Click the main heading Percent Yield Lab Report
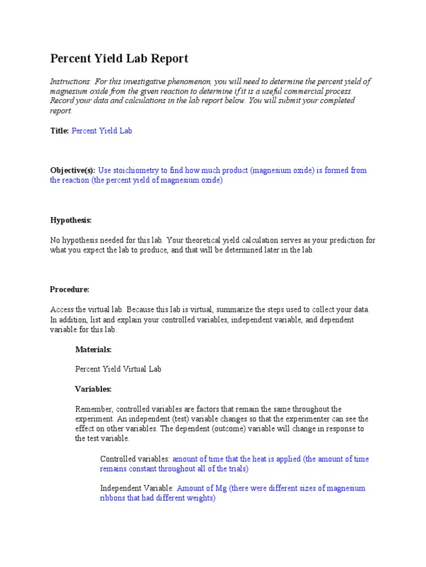coord(119,58)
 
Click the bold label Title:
coord(59,131)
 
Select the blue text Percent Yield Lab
coord(102,131)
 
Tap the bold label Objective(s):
coord(73,171)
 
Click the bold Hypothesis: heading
coord(70,220)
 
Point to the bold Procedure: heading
coord(69,290)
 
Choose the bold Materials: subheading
coord(93,349)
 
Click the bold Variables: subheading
coord(93,389)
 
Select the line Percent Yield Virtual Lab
coord(118,369)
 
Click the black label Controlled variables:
coord(135,459)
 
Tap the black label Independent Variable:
coord(137,488)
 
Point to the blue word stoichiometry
coord(136,171)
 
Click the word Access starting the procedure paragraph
coord(62,310)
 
